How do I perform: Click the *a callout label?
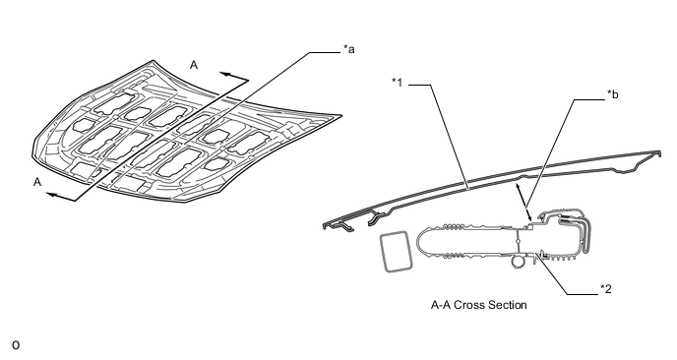349,49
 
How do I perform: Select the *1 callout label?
397,82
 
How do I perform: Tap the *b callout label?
612,94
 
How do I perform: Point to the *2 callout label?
606,289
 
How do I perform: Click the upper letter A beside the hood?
194,65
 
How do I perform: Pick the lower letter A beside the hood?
37,182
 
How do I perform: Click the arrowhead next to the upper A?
224,74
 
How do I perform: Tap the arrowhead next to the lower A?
51,195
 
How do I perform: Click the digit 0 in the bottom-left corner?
16,345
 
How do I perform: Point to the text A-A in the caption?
441,305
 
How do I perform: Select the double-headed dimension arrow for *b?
524,202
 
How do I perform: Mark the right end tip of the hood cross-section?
659,152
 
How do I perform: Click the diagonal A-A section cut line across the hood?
162,141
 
